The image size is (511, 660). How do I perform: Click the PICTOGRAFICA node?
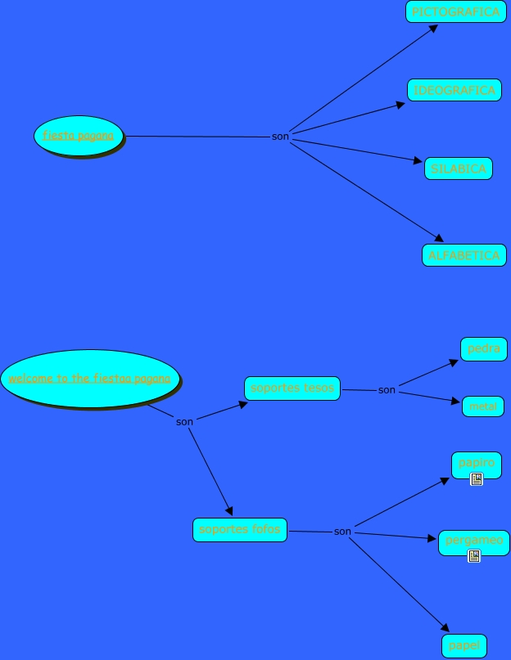(x=455, y=11)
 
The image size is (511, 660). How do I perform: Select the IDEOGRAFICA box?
(x=454, y=90)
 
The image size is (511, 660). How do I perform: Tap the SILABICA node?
(x=459, y=169)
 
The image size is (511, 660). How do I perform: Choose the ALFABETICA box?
(x=464, y=255)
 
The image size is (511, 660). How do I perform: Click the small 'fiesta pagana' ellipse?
(x=79, y=136)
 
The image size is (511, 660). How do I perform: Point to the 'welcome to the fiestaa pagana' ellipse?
(x=89, y=379)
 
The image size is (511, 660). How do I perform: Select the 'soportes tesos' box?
(x=292, y=388)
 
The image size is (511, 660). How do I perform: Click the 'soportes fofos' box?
(x=240, y=530)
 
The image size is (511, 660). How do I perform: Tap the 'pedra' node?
(x=484, y=349)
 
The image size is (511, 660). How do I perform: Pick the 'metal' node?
(x=483, y=406)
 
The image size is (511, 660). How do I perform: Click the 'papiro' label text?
(x=476, y=462)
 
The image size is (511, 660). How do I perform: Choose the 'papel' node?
(x=464, y=646)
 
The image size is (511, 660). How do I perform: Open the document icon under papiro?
(x=477, y=479)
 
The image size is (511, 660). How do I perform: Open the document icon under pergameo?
(x=473, y=556)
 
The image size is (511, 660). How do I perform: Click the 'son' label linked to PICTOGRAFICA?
(x=280, y=137)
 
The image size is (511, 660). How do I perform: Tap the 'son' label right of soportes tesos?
(x=387, y=390)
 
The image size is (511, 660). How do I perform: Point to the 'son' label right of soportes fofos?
(x=342, y=532)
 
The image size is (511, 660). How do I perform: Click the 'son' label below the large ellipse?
(x=184, y=422)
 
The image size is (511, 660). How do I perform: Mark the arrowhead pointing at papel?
(x=445, y=628)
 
